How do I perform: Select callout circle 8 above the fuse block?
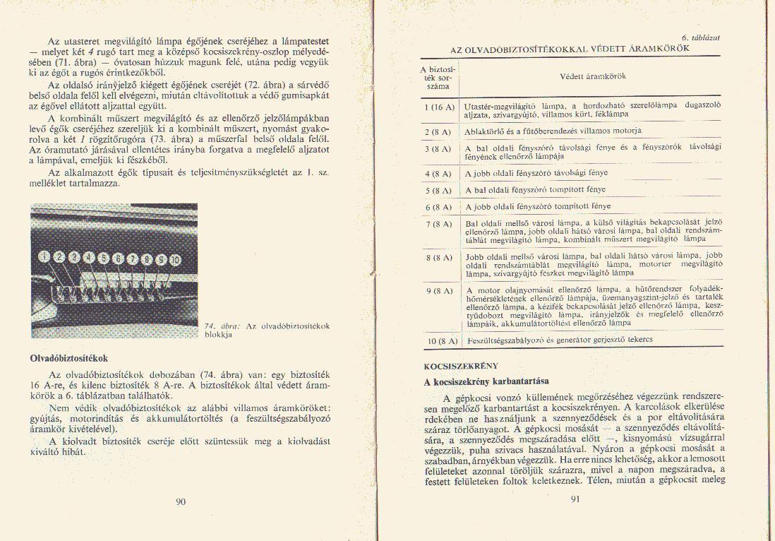click(x=147, y=258)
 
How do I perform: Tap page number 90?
click(x=181, y=502)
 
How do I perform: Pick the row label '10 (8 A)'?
click(x=439, y=341)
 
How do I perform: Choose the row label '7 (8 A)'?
click(x=438, y=225)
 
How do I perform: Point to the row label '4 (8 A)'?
click(x=438, y=172)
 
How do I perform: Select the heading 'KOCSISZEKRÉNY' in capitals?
click(x=461, y=366)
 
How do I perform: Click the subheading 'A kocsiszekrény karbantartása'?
click(x=486, y=381)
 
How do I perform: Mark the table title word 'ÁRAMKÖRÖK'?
click(x=659, y=49)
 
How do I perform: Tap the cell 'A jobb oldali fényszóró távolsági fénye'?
click(x=536, y=173)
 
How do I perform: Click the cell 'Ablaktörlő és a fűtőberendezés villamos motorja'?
click(x=553, y=131)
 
